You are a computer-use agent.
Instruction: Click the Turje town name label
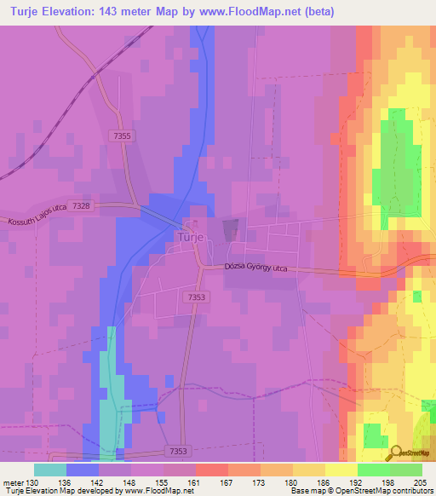[190, 238]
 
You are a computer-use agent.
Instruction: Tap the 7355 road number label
[122, 136]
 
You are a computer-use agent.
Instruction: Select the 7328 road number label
[82, 205]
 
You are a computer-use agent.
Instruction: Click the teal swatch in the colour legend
[50, 470]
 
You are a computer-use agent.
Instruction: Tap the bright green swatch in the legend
[373, 470]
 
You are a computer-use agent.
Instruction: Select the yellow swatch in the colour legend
[341, 470]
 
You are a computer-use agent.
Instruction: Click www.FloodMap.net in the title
[261, 12]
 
